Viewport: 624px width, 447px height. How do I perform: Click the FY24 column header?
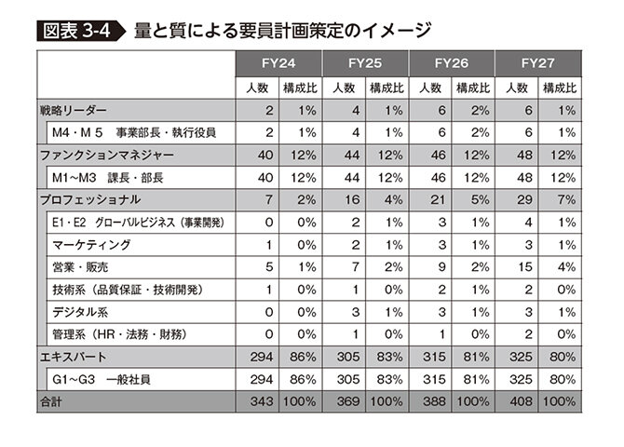pos(278,64)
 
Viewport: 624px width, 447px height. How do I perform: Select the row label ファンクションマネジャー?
pos(107,155)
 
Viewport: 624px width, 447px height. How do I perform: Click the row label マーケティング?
pos(92,244)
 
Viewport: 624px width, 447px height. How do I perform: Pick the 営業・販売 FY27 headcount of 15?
pos(522,266)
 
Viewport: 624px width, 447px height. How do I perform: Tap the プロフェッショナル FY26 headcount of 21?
pos(435,199)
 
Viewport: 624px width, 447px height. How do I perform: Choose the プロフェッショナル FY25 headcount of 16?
pos(347,199)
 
